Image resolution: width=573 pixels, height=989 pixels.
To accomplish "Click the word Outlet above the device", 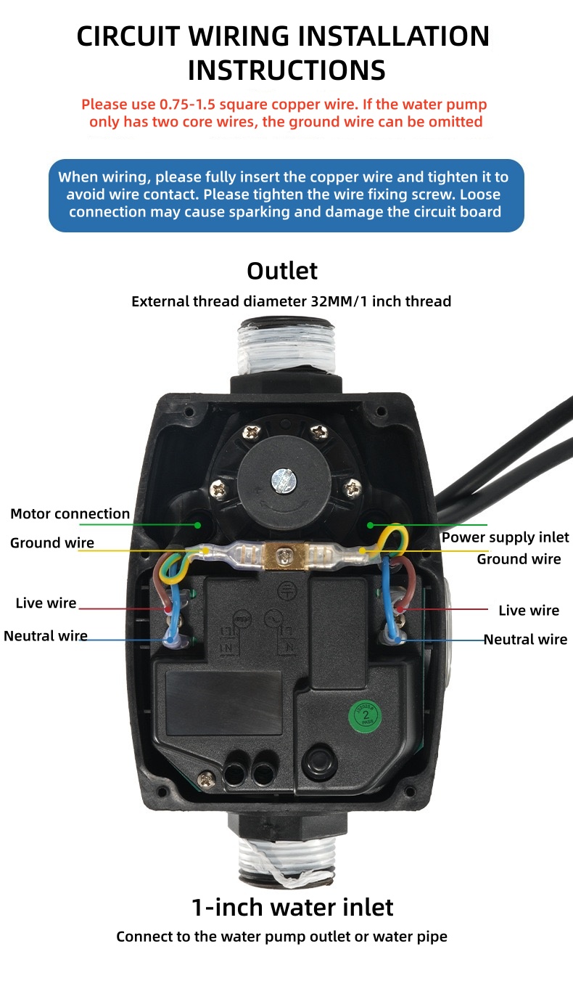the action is click(282, 271).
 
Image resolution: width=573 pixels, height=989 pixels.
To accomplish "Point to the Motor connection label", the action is click(70, 513).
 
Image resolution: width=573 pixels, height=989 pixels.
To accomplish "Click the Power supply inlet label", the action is click(506, 537).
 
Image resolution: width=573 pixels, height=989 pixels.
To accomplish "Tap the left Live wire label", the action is click(46, 603).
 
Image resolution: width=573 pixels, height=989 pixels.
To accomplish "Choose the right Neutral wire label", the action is click(525, 639).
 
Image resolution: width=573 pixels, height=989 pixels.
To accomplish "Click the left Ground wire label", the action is click(52, 542).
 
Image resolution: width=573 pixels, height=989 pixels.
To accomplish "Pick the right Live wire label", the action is click(529, 610).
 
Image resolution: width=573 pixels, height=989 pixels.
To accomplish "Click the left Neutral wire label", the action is click(46, 636).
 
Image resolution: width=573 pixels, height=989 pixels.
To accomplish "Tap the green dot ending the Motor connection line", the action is click(197, 525).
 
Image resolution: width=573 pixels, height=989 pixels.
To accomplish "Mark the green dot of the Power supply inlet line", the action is click(371, 525).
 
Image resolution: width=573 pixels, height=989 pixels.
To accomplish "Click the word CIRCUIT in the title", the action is click(128, 36).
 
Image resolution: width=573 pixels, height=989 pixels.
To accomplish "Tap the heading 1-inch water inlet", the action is click(292, 908).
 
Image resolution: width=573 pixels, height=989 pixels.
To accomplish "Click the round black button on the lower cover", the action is click(319, 761).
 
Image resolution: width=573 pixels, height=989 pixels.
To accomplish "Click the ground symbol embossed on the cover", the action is click(287, 590).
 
